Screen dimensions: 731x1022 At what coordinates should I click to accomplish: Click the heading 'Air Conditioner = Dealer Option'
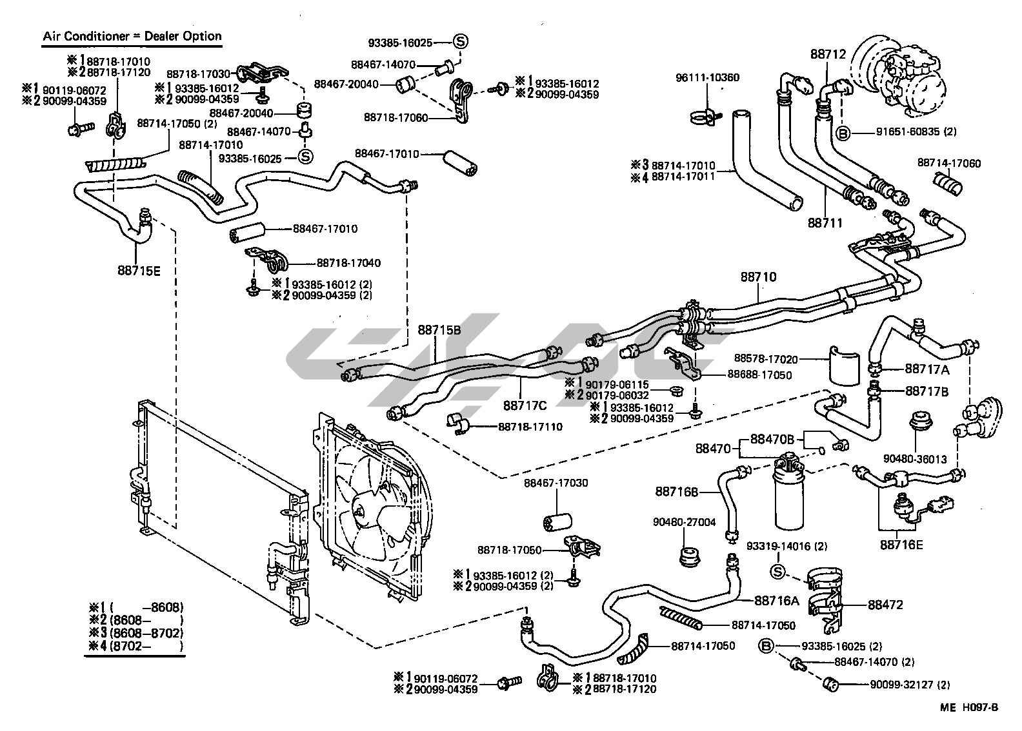click(132, 37)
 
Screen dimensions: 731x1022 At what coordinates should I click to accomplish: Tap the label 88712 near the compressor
click(828, 55)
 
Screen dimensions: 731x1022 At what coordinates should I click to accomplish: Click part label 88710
click(758, 277)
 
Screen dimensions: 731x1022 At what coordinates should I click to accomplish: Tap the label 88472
click(885, 605)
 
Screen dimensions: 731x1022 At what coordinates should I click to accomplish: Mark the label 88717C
click(525, 405)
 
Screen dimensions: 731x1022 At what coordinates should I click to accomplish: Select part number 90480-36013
click(915, 459)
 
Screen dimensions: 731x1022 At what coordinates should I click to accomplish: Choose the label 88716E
click(901, 544)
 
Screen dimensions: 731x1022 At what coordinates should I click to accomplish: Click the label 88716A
click(777, 600)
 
